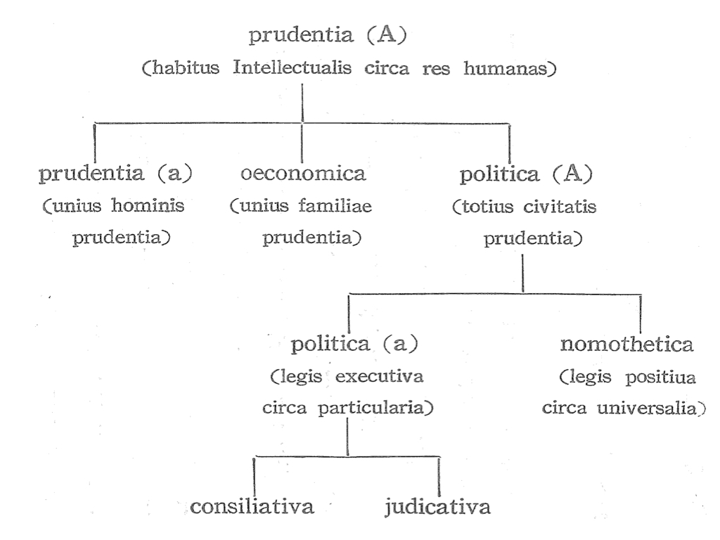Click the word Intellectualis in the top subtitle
coord(292,68)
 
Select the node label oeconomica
coord(303,173)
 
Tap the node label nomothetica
coord(626,344)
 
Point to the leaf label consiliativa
coord(252,506)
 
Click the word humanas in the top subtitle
coord(510,68)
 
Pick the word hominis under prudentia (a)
coord(148,205)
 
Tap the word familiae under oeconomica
coord(335,205)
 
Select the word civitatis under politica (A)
coord(560,207)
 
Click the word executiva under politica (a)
coord(379,376)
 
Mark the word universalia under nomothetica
coord(651,408)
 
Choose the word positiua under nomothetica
coord(660,378)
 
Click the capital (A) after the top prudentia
coord(387,34)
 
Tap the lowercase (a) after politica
coord(400,343)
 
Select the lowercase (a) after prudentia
coord(174,173)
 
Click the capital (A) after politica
coord(572,174)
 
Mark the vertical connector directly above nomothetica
coord(641,313)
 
